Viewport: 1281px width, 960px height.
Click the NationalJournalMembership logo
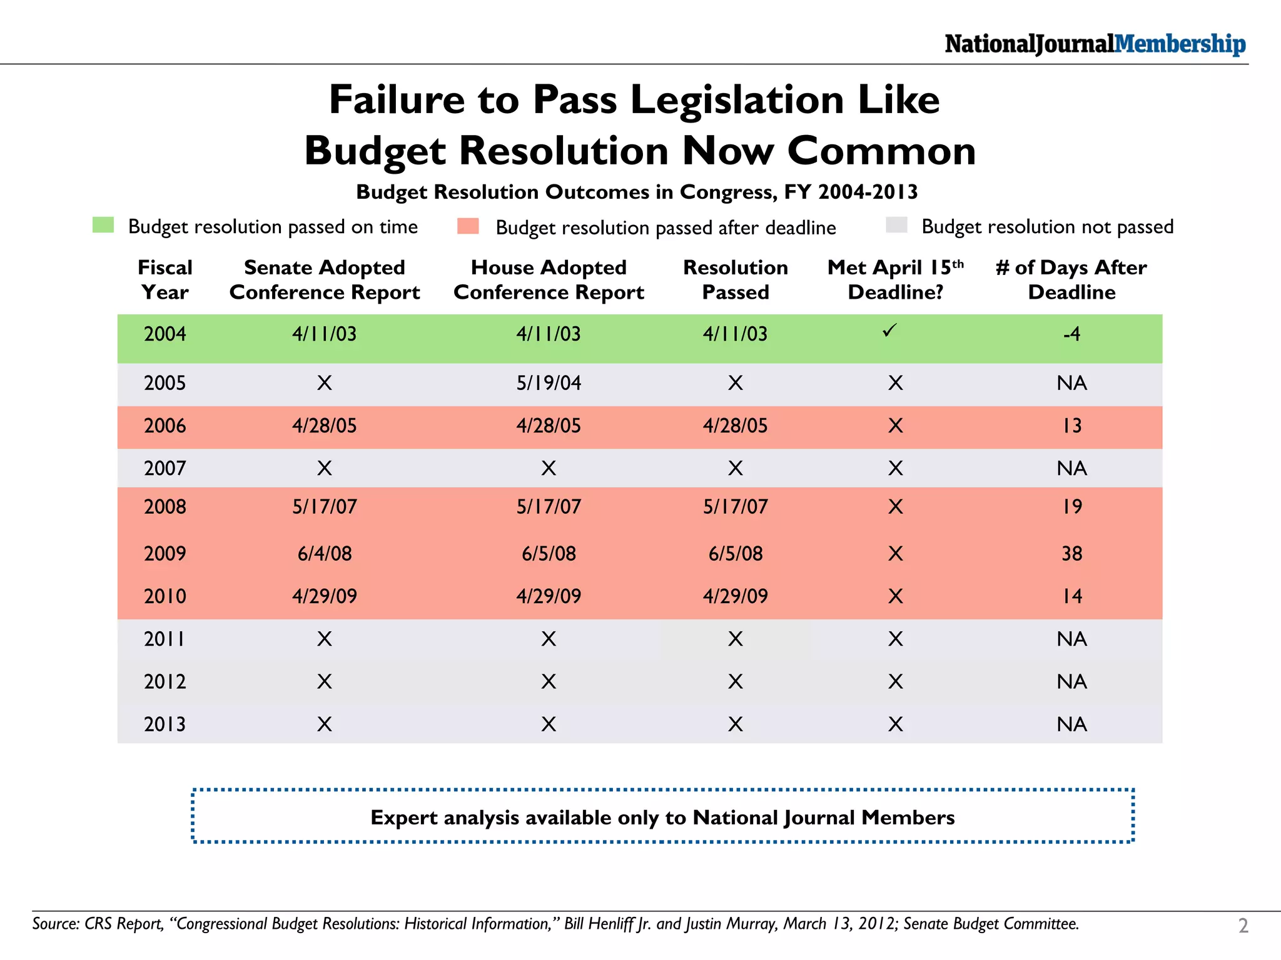(x=1095, y=44)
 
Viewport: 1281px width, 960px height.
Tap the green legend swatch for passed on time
(x=103, y=225)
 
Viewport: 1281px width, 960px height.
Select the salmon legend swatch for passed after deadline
(x=468, y=226)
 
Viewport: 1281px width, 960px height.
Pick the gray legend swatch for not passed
(x=896, y=225)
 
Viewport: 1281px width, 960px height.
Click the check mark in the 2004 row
(x=889, y=330)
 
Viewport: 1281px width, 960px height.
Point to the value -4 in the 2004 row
(x=1071, y=334)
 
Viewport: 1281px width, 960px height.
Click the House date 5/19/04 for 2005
(x=549, y=382)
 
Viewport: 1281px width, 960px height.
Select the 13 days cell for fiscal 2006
(x=1072, y=426)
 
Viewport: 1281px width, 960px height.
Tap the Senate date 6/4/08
(x=325, y=553)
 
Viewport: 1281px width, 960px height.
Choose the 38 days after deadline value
(x=1072, y=553)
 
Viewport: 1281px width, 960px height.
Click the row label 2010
(x=165, y=596)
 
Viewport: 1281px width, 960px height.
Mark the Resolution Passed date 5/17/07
(x=736, y=506)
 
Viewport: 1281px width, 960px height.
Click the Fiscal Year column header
(x=165, y=279)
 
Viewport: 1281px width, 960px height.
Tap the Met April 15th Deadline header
(x=895, y=279)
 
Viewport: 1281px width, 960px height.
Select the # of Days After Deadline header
(x=1071, y=279)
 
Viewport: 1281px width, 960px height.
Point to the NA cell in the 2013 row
(x=1072, y=724)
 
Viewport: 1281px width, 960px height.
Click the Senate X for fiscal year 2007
(x=324, y=468)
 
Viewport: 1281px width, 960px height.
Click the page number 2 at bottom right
(x=1243, y=926)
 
